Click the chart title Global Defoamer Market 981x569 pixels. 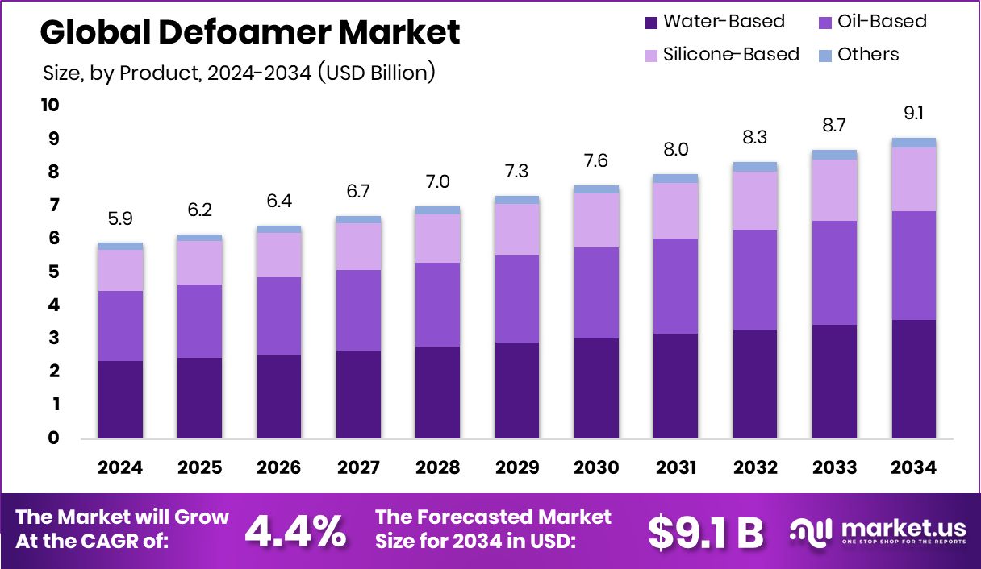point(250,32)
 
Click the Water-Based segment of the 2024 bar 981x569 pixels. point(120,399)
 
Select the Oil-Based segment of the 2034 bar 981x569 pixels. point(914,265)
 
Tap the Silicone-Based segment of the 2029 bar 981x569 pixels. point(517,230)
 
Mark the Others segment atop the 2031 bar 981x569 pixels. point(676,178)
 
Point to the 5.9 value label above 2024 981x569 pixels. point(120,218)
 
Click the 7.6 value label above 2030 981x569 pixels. point(596,160)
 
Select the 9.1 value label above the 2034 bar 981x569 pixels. point(914,114)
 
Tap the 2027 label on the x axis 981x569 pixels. point(358,467)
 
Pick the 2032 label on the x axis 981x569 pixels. point(755,467)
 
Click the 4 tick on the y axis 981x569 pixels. point(53,305)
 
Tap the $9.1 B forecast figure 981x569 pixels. point(705,530)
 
